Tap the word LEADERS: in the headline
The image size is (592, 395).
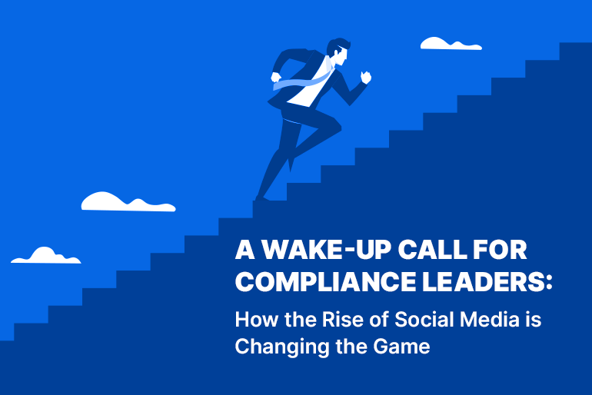(487, 281)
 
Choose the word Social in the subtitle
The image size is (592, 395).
(424, 319)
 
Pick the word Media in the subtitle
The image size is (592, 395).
(490, 319)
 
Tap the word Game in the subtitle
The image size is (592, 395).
(401, 347)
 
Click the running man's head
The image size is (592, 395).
(338, 51)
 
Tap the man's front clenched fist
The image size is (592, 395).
(365, 77)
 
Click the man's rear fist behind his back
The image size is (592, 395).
(276, 78)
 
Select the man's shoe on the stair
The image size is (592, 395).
(262, 198)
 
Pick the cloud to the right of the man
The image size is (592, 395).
(451, 44)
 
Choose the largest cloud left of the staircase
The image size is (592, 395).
(128, 202)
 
